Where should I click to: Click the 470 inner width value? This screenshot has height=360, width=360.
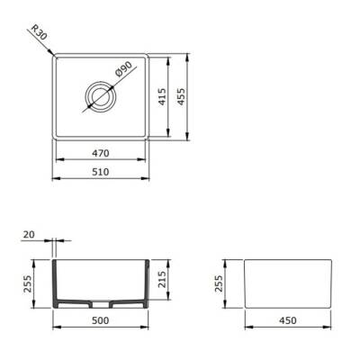click(101, 154)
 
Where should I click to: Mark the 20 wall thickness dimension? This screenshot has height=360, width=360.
click(30, 234)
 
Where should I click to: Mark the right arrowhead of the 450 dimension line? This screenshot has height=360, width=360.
click(332, 325)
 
